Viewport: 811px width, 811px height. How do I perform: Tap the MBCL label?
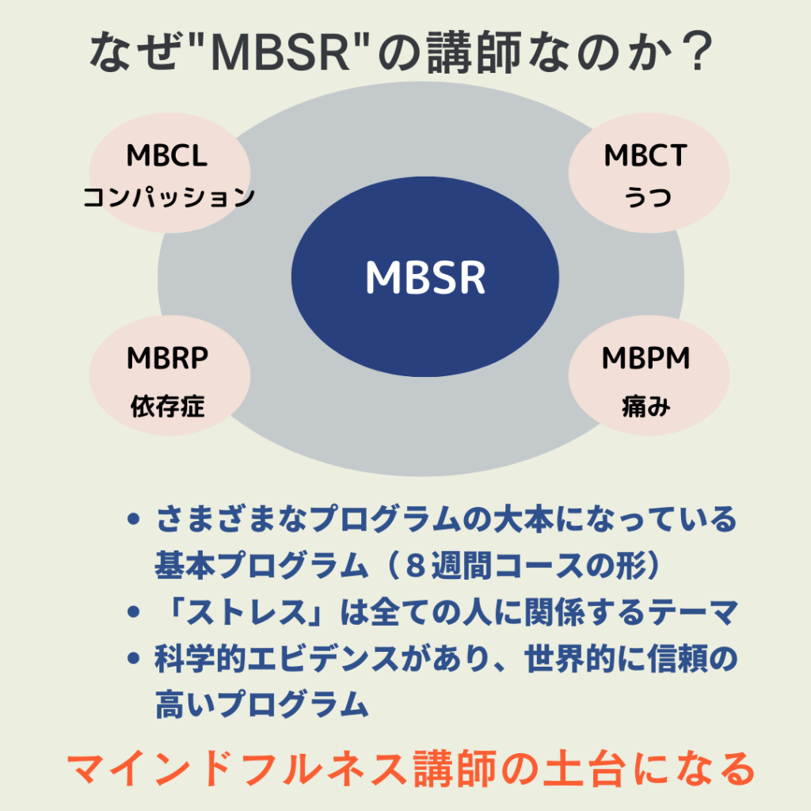click(x=167, y=156)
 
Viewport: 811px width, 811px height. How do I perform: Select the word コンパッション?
click(x=169, y=196)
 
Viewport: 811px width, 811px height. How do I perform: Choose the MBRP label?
click(x=167, y=359)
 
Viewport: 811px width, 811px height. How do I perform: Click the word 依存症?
click(x=167, y=406)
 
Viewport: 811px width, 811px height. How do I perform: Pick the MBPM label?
click(x=645, y=359)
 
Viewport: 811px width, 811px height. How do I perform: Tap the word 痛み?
click(x=645, y=408)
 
